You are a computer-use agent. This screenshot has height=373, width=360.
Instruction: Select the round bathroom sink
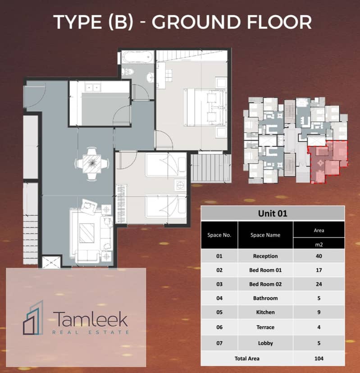[x=150, y=77]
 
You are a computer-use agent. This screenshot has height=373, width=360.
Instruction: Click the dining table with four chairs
[x=92, y=163]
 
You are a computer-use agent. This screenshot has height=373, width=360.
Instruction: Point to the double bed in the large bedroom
[x=205, y=107]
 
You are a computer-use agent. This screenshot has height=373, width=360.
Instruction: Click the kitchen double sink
[x=93, y=87]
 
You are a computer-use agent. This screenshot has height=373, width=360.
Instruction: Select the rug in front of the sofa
[x=87, y=233]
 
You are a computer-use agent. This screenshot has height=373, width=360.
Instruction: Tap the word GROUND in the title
[x=196, y=22]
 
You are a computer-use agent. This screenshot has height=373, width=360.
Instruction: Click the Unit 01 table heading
[x=273, y=213]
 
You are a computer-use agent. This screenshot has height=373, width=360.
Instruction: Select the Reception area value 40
[x=319, y=256]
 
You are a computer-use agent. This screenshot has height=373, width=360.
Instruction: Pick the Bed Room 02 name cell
[x=265, y=284]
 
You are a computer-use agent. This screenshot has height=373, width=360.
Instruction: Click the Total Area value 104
[x=319, y=358]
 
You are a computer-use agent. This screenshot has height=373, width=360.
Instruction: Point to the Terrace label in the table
[x=265, y=327]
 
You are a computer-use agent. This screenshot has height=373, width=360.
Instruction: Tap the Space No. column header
[x=219, y=235]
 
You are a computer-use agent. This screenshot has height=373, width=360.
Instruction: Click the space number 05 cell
[x=219, y=312]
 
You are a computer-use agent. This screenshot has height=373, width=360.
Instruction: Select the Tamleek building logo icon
[x=33, y=318]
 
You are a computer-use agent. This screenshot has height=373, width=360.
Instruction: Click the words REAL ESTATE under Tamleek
[x=91, y=332]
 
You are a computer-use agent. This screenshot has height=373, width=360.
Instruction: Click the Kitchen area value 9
[x=319, y=312]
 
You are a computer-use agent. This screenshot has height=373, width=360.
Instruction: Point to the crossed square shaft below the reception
[x=51, y=262]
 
